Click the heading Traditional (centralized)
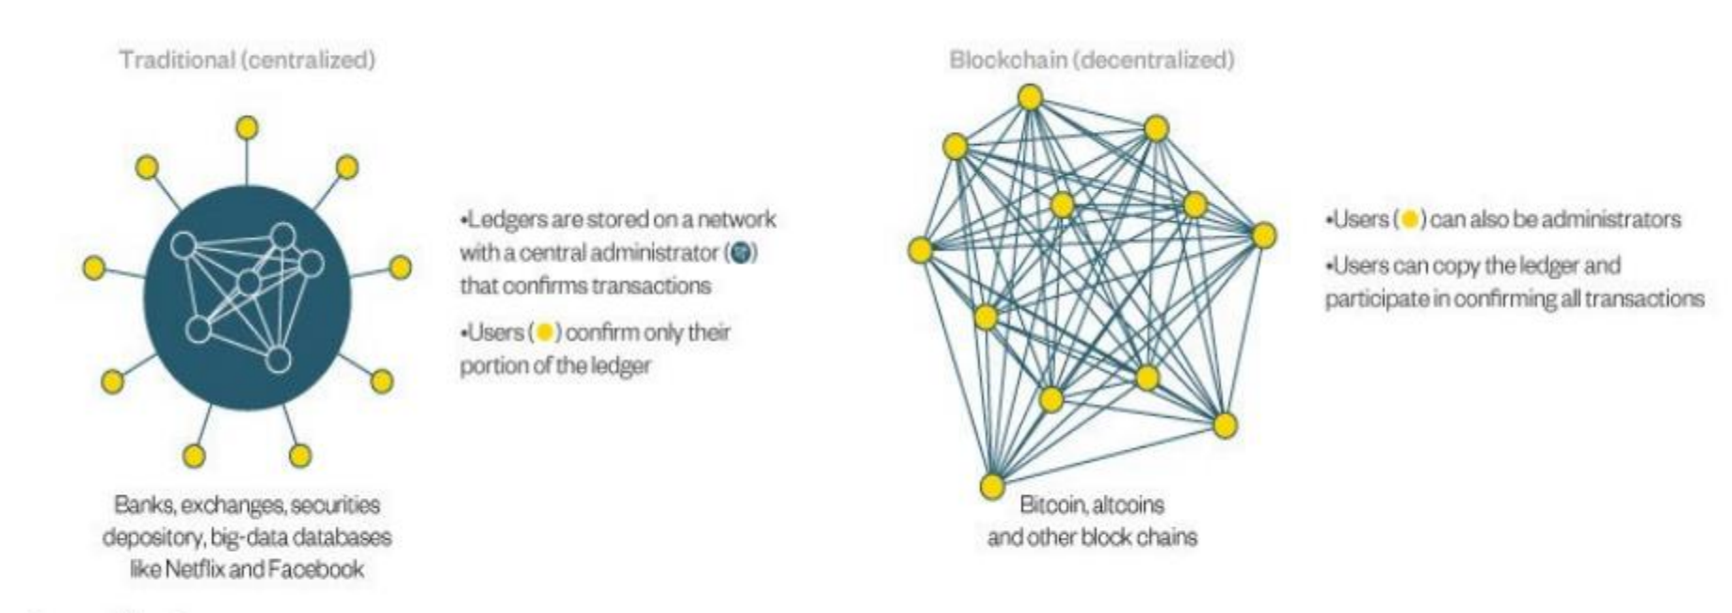click(x=248, y=60)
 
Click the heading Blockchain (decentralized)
click(x=1091, y=60)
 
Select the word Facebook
click(x=315, y=569)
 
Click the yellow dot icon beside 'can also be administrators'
click(x=1409, y=219)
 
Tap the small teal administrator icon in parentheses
click(x=744, y=252)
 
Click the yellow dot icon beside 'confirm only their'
click(x=543, y=332)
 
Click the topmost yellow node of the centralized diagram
click(x=247, y=126)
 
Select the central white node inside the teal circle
click(x=249, y=282)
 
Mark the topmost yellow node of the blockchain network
click(x=1030, y=97)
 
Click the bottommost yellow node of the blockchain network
click(x=992, y=486)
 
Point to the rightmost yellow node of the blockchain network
click(x=1263, y=235)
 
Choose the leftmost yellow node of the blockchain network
click(x=921, y=250)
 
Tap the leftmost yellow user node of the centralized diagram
click(x=93, y=267)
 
